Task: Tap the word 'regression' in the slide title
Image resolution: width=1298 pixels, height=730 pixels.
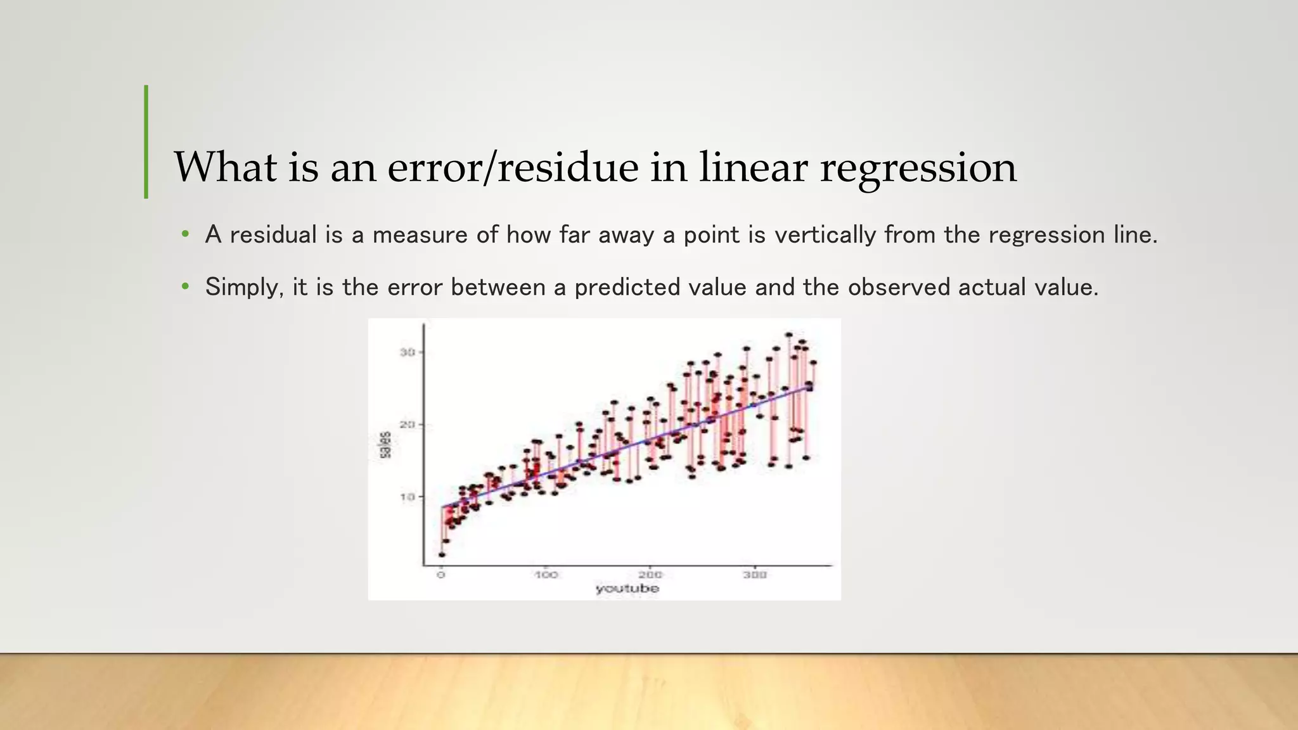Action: pyautogui.click(x=918, y=168)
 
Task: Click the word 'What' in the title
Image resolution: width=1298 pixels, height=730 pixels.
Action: pyautogui.click(x=226, y=168)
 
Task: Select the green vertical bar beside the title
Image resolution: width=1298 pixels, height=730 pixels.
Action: pyautogui.click(x=146, y=142)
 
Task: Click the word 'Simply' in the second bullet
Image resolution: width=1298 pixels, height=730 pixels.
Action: pyautogui.click(x=244, y=288)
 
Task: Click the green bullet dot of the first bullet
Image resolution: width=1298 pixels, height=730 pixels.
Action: pyautogui.click(x=185, y=234)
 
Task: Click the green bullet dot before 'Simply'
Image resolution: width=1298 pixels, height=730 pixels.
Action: pyautogui.click(x=185, y=287)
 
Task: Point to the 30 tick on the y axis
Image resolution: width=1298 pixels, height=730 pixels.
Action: pyautogui.click(x=408, y=352)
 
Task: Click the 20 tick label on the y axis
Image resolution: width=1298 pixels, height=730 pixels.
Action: pyautogui.click(x=408, y=425)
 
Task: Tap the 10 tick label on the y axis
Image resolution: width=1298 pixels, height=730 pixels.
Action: pyautogui.click(x=408, y=497)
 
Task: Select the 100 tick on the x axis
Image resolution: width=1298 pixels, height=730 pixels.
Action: pyautogui.click(x=546, y=575)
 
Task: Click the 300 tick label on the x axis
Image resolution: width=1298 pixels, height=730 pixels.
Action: pyautogui.click(x=755, y=575)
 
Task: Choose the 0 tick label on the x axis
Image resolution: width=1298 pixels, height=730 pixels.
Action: pyautogui.click(x=441, y=575)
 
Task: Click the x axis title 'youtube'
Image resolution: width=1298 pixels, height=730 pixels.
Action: pyautogui.click(x=627, y=589)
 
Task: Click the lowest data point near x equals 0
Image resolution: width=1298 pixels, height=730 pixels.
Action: pyautogui.click(x=442, y=554)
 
